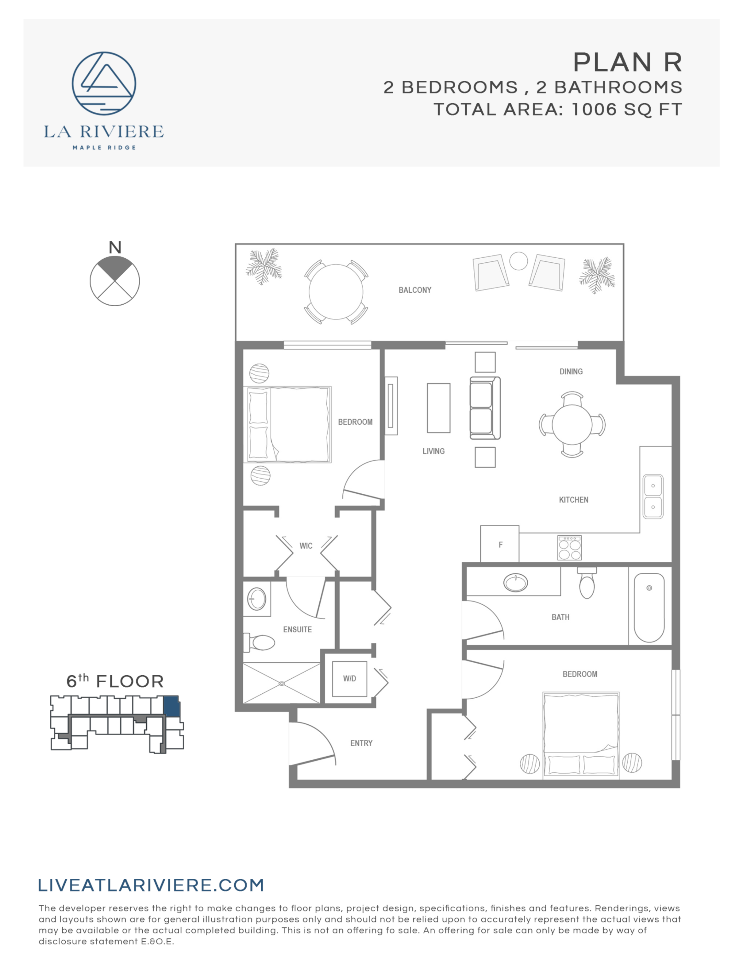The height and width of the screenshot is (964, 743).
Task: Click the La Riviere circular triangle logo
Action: [104, 83]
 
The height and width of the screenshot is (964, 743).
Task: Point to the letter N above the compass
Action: [115, 247]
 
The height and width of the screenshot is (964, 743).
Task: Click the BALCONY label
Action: [415, 290]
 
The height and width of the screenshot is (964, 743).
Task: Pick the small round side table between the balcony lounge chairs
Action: [518, 261]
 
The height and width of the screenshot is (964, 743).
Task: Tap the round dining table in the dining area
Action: [572, 425]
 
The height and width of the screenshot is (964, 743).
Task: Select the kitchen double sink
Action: [653, 496]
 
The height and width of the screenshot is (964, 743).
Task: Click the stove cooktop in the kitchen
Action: [570, 548]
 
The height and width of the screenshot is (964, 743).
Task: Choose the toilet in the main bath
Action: [587, 583]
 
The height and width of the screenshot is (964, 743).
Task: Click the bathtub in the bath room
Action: [649, 608]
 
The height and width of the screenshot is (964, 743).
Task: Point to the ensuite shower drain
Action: [282, 684]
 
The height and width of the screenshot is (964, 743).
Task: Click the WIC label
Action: [306, 546]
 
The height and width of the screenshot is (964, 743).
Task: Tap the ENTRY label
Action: [361, 743]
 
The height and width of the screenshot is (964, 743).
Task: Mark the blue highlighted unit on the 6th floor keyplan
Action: [171, 706]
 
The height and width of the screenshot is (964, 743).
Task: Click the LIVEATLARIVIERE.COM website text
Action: [151, 885]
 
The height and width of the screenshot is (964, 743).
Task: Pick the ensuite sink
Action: [256, 599]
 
